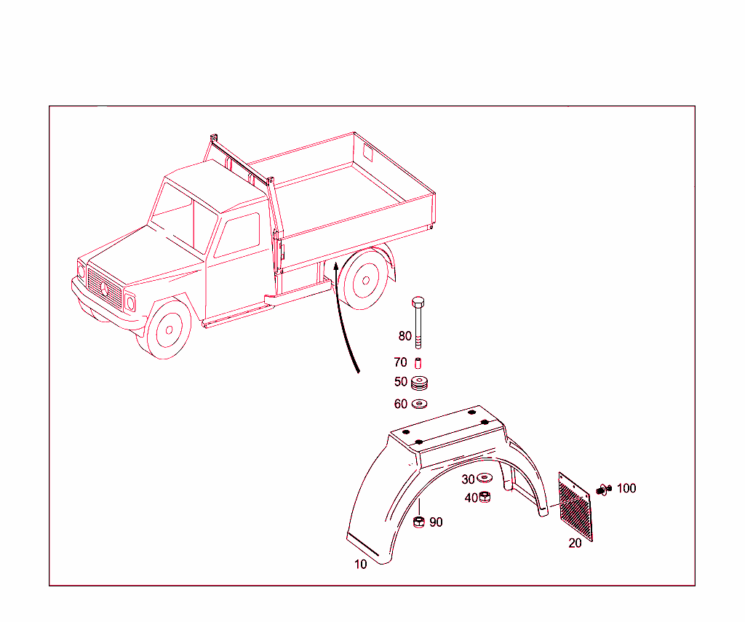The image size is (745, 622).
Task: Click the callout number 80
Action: click(x=405, y=336)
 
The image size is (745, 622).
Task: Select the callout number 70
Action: click(x=400, y=362)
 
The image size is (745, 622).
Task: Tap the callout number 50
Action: click(x=401, y=382)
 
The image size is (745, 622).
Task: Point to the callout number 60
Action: click(x=401, y=404)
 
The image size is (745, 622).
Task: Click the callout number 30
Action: click(x=468, y=479)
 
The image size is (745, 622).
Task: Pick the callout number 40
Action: click(x=471, y=498)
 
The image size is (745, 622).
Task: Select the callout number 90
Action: click(x=436, y=522)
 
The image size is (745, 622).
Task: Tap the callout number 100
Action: click(x=626, y=488)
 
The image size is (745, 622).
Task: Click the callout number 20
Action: click(x=575, y=543)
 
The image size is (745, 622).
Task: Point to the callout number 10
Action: click(x=361, y=564)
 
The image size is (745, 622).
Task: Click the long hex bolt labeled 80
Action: click(x=418, y=323)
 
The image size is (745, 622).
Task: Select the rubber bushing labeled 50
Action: click(x=420, y=383)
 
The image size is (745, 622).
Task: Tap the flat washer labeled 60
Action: click(x=420, y=404)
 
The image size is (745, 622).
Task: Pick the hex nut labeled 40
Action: click(x=485, y=498)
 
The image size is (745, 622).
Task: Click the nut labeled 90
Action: click(x=419, y=522)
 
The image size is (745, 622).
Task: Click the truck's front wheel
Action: click(x=169, y=330)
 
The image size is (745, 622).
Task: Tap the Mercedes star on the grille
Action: click(x=104, y=290)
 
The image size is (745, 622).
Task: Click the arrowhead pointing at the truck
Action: click(x=335, y=268)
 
